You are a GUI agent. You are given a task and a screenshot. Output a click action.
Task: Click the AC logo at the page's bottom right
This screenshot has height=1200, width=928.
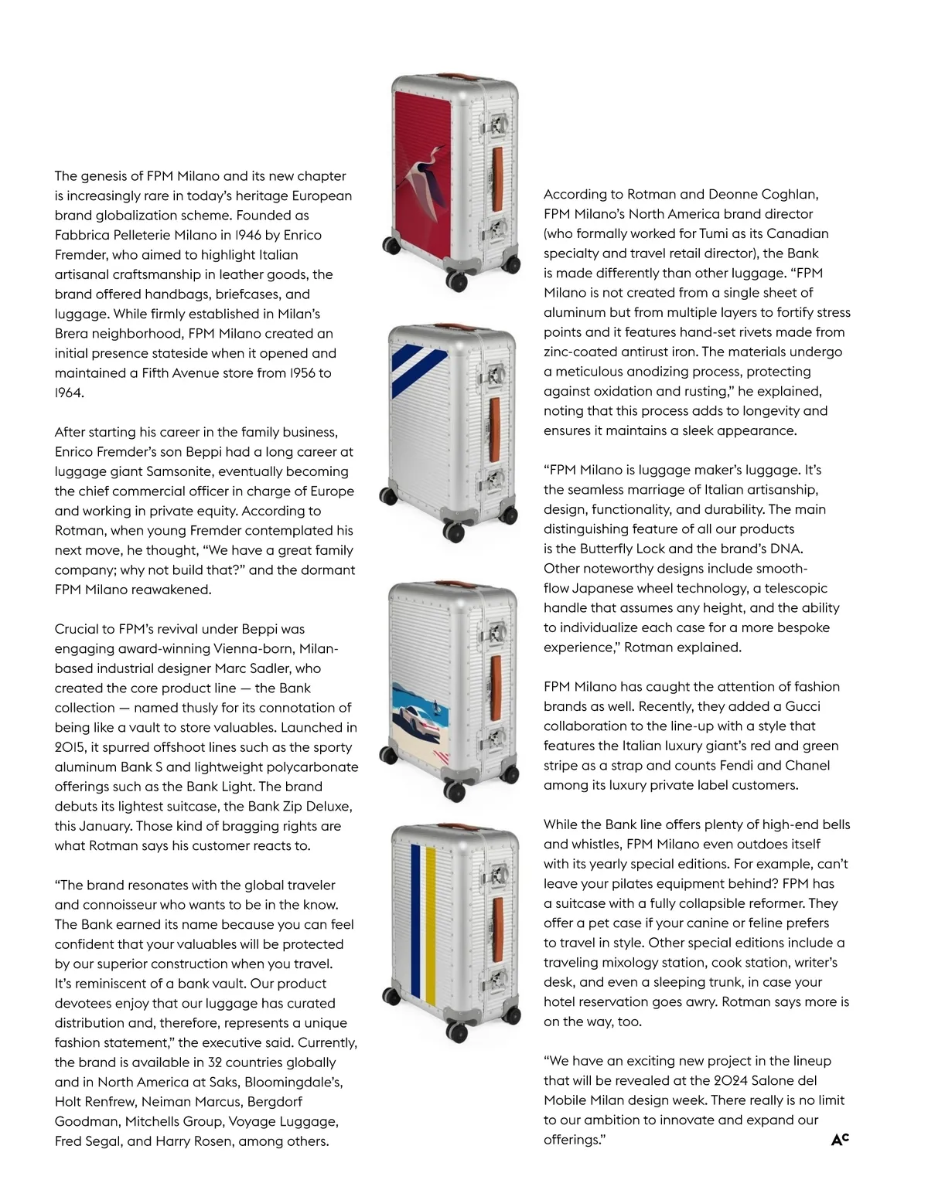(x=840, y=1139)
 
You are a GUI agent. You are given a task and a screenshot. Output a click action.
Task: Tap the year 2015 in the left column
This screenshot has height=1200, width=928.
(x=70, y=747)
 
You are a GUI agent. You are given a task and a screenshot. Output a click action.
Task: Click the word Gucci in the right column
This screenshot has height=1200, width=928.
(x=802, y=706)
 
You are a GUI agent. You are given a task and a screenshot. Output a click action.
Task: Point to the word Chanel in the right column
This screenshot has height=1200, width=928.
(x=809, y=765)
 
